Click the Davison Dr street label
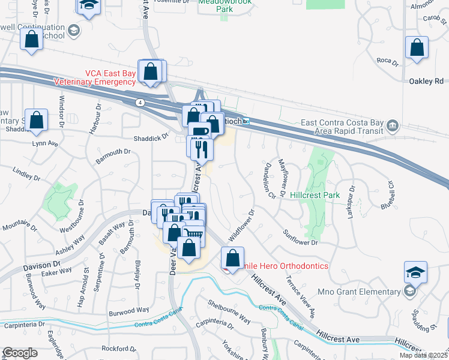point(43,264)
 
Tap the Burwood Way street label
point(128,311)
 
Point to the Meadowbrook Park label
point(225,6)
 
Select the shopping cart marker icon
point(193,233)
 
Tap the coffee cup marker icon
point(200,131)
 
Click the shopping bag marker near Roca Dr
point(416,47)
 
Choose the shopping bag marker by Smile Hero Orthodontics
point(232,258)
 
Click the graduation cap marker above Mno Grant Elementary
point(415,272)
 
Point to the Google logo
point(20,353)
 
